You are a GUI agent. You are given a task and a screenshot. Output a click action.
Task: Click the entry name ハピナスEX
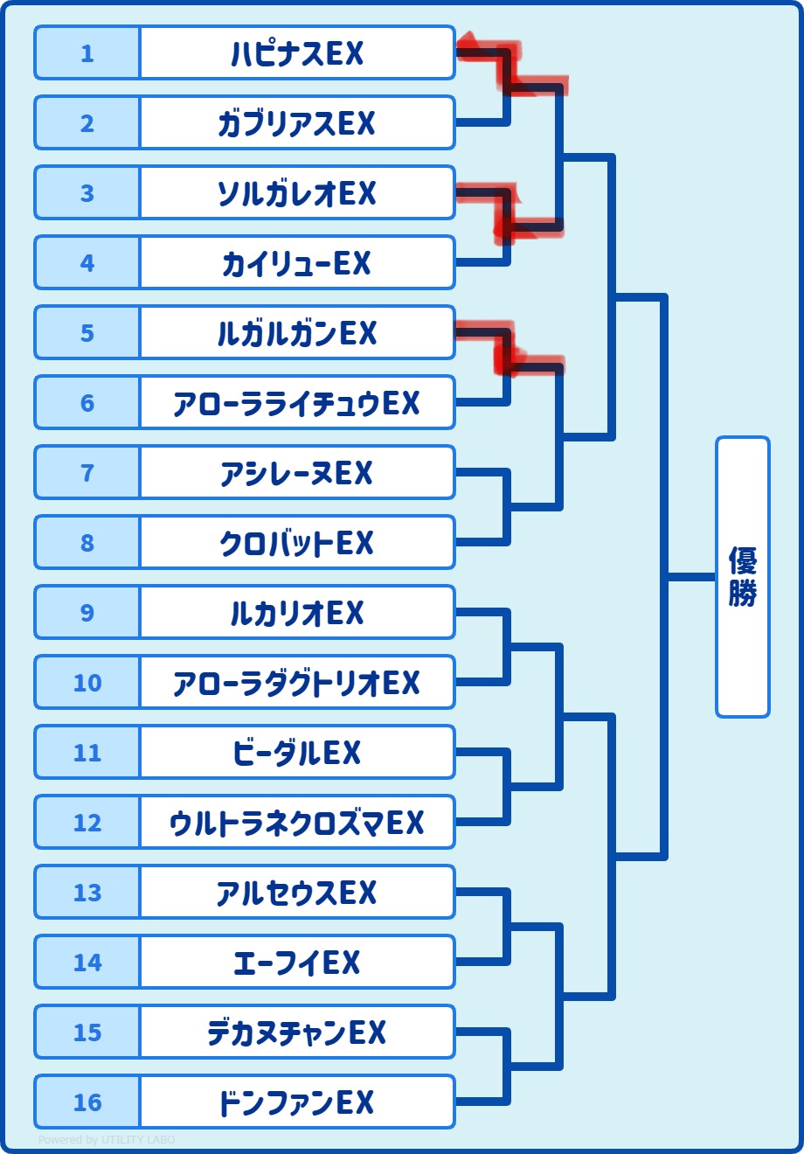tap(297, 53)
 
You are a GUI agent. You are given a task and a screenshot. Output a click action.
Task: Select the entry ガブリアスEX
tap(297, 123)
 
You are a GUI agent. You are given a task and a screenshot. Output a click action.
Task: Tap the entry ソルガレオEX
tap(297, 193)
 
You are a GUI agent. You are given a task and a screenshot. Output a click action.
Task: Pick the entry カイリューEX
tap(297, 263)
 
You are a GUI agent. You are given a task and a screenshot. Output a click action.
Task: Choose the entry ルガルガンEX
tap(297, 333)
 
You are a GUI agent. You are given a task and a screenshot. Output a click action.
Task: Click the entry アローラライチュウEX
tap(297, 403)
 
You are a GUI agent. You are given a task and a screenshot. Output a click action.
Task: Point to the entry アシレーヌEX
tap(297, 473)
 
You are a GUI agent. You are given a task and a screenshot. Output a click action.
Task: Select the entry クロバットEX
tap(297, 543)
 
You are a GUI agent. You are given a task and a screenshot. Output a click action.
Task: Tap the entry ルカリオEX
tap(297, 613)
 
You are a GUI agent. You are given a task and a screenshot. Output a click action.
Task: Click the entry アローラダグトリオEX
tap(297, 683)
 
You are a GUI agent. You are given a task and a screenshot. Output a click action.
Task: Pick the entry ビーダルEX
tap(297, 753)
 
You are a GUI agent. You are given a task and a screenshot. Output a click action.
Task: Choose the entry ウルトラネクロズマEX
tap(297, 823)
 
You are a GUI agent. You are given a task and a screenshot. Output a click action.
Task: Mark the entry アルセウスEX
tap(297, 893)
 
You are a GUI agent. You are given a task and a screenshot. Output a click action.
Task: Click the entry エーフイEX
tap(297, 963)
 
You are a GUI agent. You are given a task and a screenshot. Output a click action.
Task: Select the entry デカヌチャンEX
tap(297, 1032)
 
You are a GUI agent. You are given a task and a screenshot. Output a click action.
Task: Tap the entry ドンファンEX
tap(297, 1102)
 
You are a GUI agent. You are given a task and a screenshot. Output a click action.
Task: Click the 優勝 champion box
tap(743, 577)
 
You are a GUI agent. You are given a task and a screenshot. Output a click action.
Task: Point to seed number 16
tap(87, 1102)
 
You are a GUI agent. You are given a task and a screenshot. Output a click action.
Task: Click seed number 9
tap(87, 613)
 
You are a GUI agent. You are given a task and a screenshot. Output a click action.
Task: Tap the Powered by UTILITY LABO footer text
tap(107, 1140)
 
